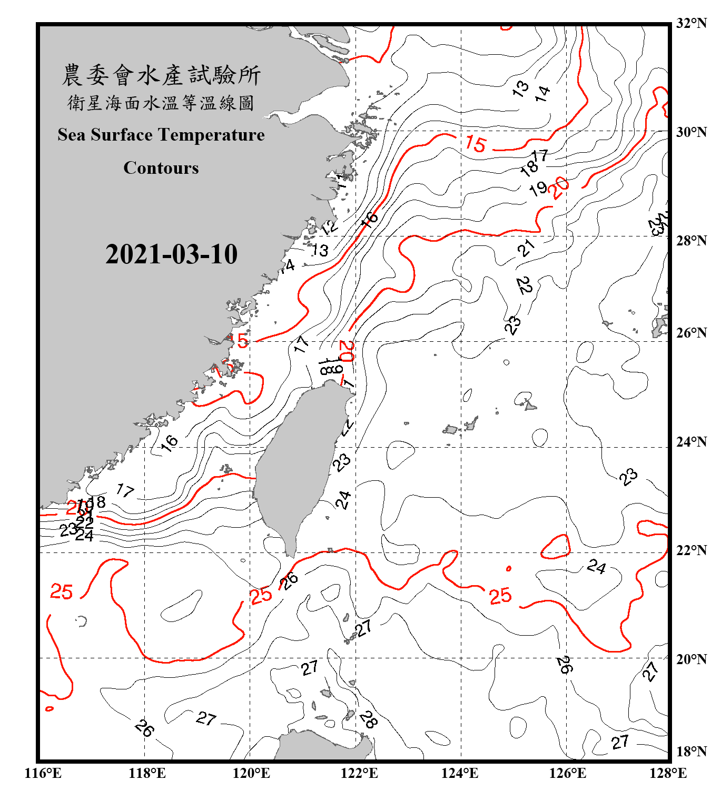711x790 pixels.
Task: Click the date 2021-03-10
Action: (171, 254)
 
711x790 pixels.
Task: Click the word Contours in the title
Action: (161, 168)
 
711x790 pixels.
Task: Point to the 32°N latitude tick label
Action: (691, 23)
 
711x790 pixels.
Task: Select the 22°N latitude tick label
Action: (691, 550)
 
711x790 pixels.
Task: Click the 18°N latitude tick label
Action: (691, 752)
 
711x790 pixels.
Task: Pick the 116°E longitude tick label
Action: (43, 773)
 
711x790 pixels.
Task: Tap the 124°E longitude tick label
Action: (460, 773)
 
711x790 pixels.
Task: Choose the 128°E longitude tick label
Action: (668, 773)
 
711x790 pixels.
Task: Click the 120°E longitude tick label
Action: (251, 773)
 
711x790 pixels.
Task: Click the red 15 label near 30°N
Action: (476, 144)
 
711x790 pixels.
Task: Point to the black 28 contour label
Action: (368, 719)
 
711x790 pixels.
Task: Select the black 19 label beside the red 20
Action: (538, 189)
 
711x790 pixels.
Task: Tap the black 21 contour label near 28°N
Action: (526, 248)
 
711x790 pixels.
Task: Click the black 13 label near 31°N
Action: (520, 88)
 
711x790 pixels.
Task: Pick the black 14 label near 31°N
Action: (542, 94)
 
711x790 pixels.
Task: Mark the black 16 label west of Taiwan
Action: (170, 443)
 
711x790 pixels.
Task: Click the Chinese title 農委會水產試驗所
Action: (161, 75)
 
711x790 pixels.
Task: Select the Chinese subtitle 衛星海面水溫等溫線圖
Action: (161, 103)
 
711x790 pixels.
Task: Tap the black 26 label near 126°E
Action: (564, 665)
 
